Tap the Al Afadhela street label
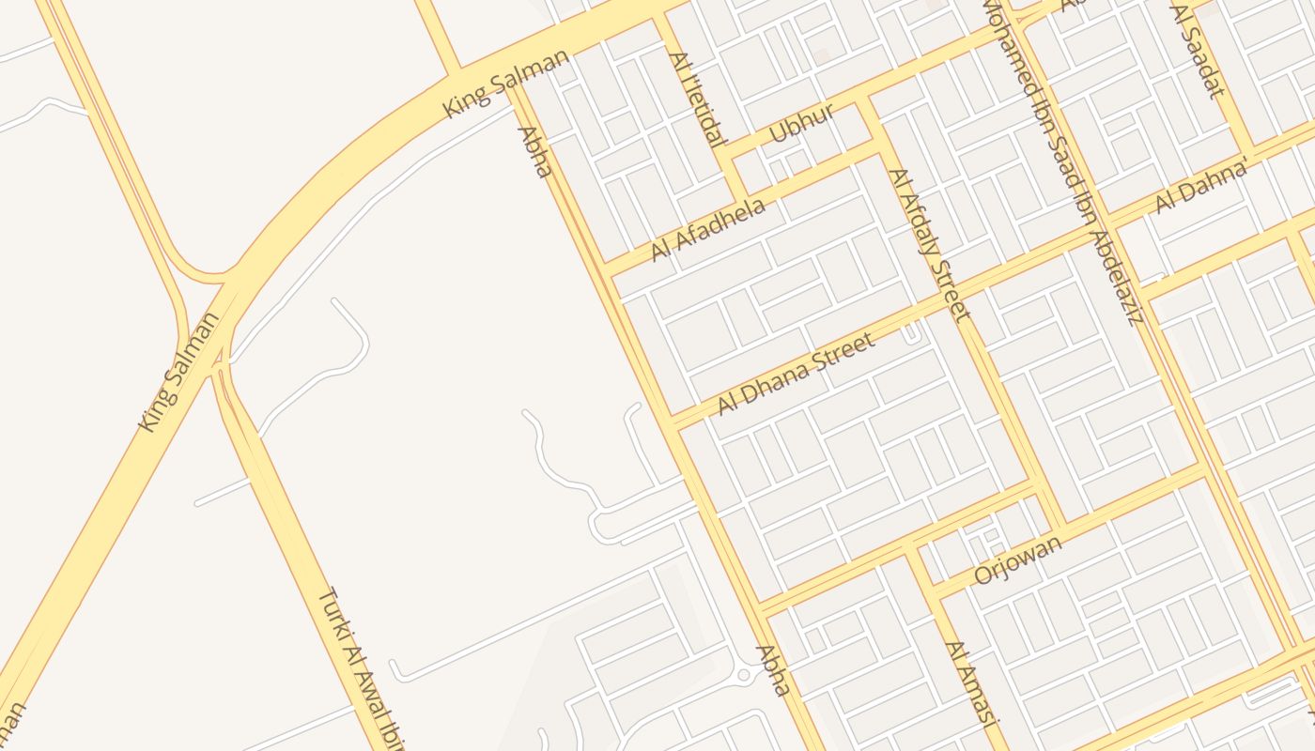click(x=707, y=230)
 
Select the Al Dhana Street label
click(x=796, y=374)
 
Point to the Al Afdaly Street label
click(x=928, y=244)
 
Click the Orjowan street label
click(x=1018, y=559)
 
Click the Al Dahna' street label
click(x=1202, y=188)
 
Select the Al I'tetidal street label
click(x=697, y=99)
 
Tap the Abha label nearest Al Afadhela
click(x=534, y=152)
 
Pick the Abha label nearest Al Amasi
click(x=772, y=670)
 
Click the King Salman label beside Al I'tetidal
click(x=506, y=84)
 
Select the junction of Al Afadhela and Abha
click(x=607, y=268)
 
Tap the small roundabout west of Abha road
click(x=744, y=674)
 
